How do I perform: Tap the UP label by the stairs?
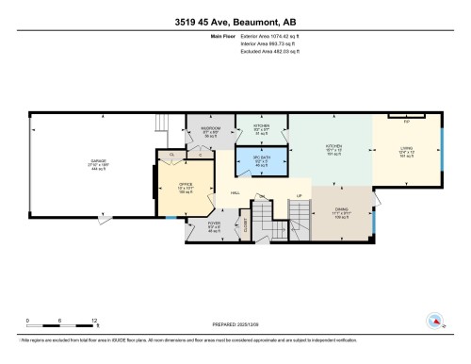click(300, 196)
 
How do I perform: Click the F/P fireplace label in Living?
click(406, 121)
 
